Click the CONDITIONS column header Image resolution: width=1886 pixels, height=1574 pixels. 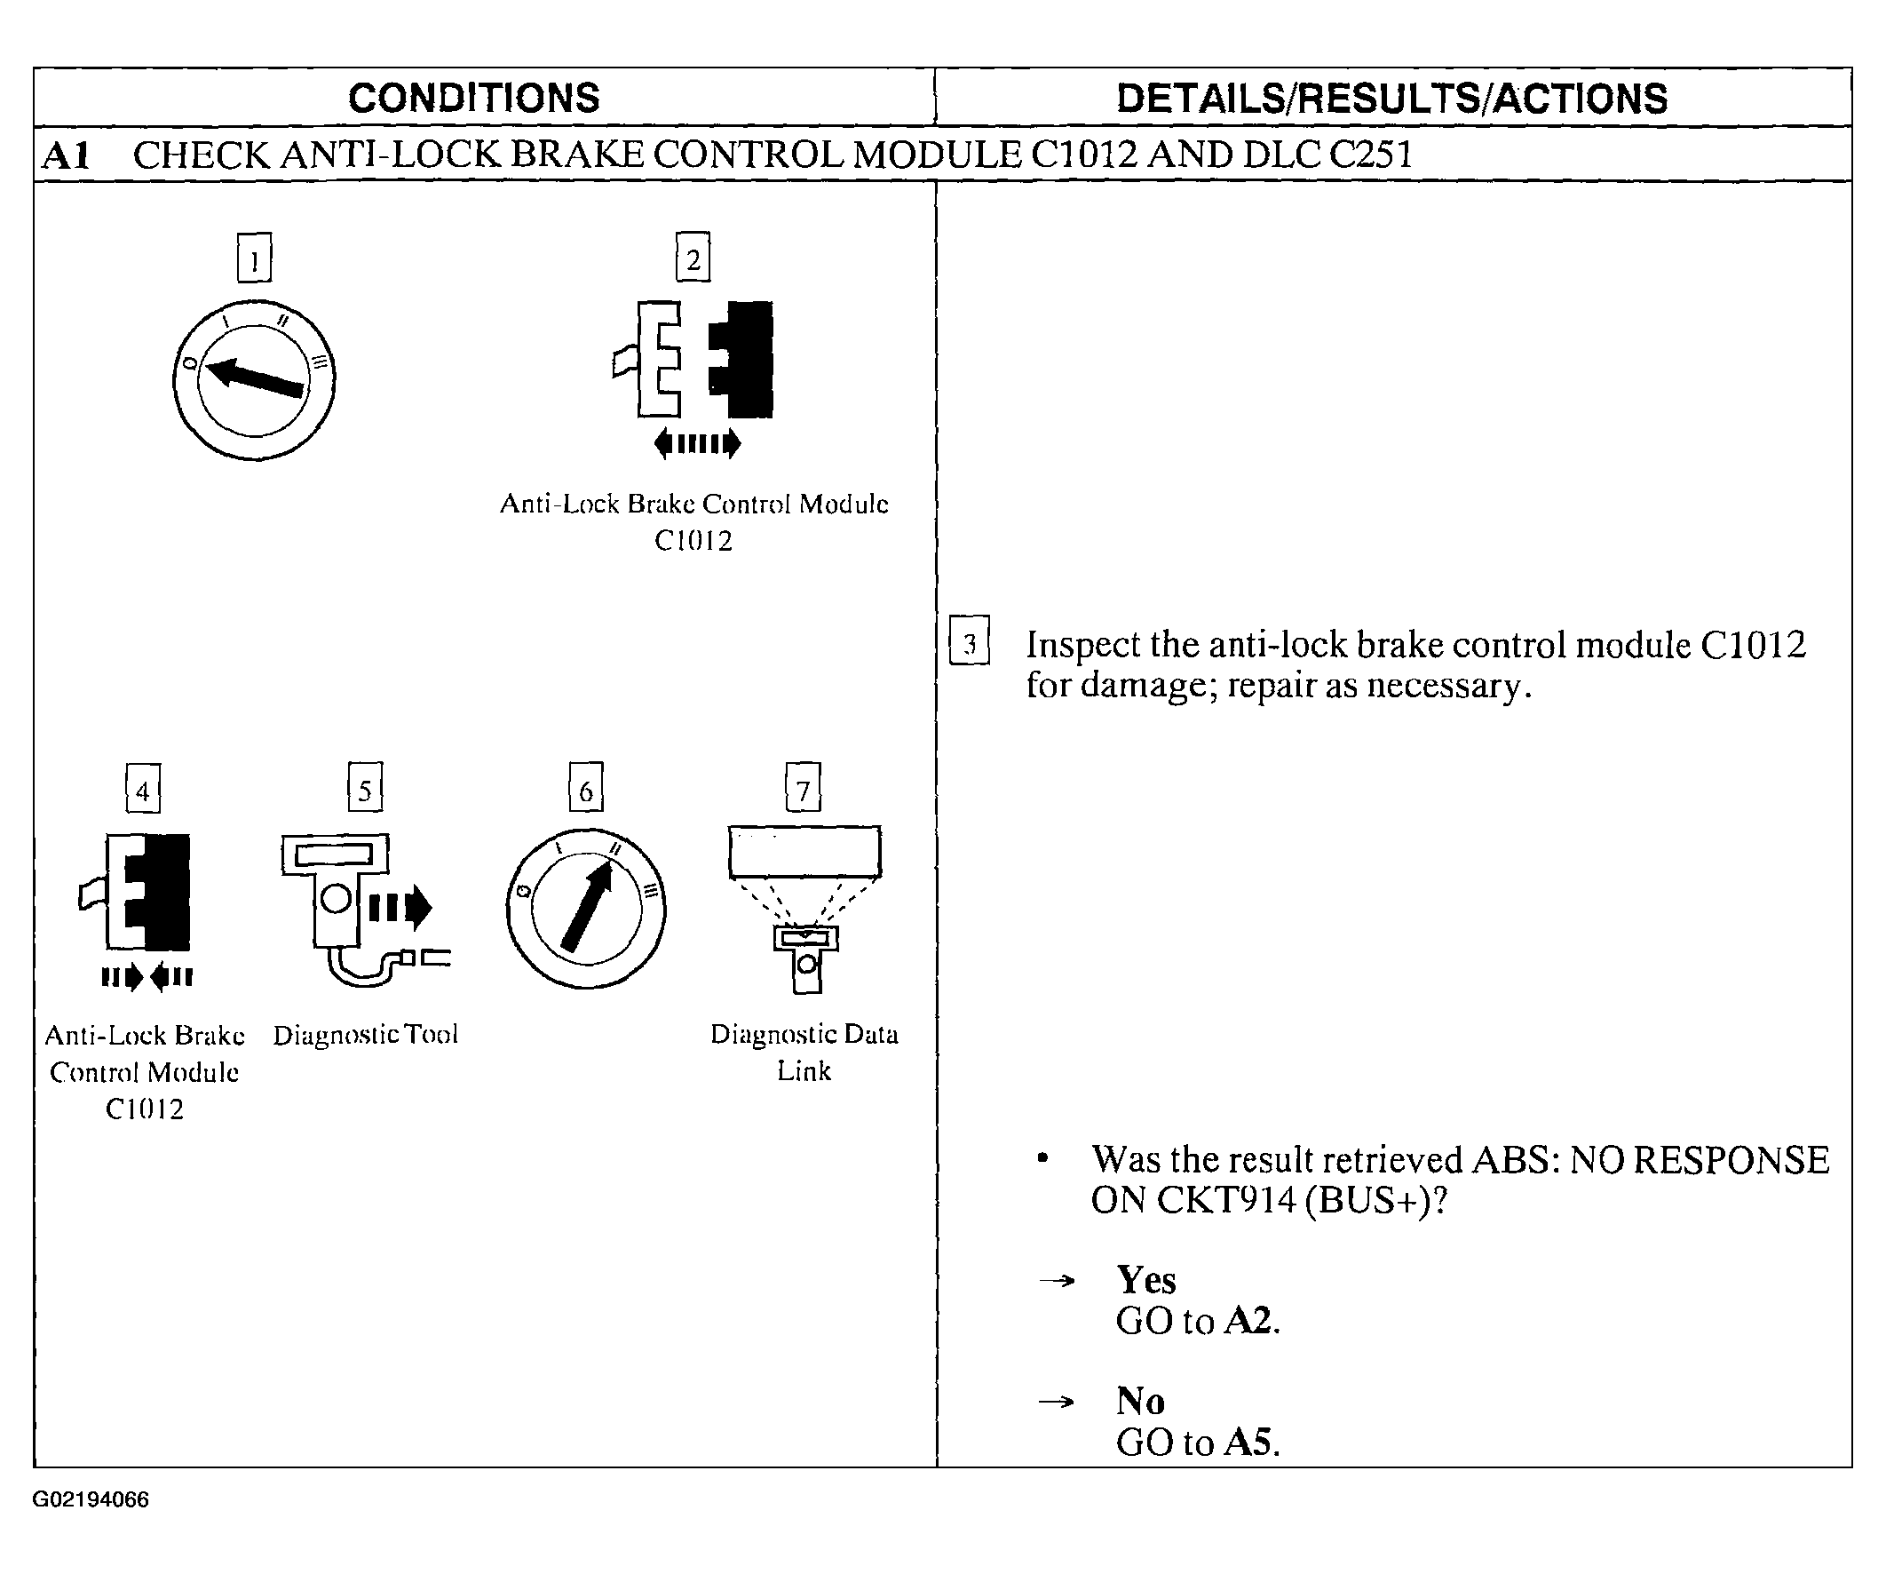[473, 98]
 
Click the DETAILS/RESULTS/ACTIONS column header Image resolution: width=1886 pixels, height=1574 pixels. [1391, 98]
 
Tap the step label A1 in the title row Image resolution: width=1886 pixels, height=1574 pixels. [67, 155]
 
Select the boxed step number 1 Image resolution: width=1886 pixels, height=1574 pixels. [254, 258]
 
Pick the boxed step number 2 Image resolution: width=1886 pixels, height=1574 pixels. [693, 258]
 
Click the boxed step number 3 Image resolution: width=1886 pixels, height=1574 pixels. [969, 641]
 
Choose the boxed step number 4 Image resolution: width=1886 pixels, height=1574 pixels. [143, 789]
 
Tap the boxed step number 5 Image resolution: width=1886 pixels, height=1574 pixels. [365, 788]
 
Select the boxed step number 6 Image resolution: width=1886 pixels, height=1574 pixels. [585, 788]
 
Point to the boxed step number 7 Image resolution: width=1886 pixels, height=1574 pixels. [803, 788]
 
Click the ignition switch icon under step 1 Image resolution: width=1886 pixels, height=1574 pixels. [254, 380]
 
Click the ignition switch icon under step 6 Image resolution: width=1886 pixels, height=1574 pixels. [585, 909]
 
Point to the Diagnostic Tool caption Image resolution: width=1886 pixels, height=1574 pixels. [366, 1035]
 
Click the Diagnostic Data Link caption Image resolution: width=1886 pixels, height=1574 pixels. [804, 1052]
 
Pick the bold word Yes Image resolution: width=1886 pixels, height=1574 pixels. [1145, 1279]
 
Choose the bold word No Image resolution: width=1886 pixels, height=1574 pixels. [1140, 1401]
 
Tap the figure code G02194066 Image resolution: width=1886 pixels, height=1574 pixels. [91, 1499]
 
